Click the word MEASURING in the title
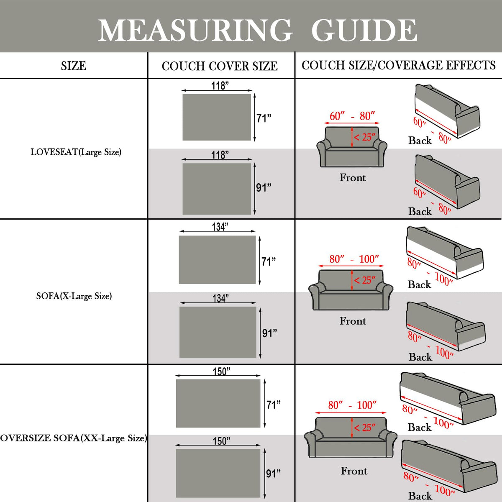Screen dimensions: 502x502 pyautogui.click(x=195, y=30)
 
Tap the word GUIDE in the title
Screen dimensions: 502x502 pyautogui.click(x=364, y=30)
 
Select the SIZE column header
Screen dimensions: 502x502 pyautogui.click(x=74, y=66)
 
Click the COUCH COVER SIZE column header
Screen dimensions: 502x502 pyautogui.click(x=220, y=66)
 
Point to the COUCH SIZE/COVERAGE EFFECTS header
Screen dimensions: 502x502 pyautogui.click(x=398, y=65)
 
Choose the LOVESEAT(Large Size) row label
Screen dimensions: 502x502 pyautogui.click(x=76, y=152)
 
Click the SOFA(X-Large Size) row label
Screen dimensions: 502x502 pyautogui.click(x=74, y=296)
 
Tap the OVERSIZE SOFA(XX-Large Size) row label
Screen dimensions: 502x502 pyautogui.click(x=74, y=438)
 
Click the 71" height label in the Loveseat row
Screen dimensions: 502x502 pyautogui.click(x=264, y=118)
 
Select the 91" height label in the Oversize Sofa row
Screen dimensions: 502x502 pyautogui.click(x=273, y=474)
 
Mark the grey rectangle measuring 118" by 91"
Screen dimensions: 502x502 pyautogui.click(x=217, y=189)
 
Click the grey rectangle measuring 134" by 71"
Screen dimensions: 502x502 pyautogui.click(x=217, y=260)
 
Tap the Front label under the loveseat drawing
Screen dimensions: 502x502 pyautogui.click(x=353, y=178)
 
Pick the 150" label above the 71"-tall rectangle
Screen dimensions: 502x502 pyautogui.click(x=221, y=371)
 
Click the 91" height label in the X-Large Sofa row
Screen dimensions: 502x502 pyautogui.click(x=269, y=333)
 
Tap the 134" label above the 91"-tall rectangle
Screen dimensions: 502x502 pyautogui.click(x=220, y=298)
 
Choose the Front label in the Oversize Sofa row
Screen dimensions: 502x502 pyautogui.click(x=354, y=471)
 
